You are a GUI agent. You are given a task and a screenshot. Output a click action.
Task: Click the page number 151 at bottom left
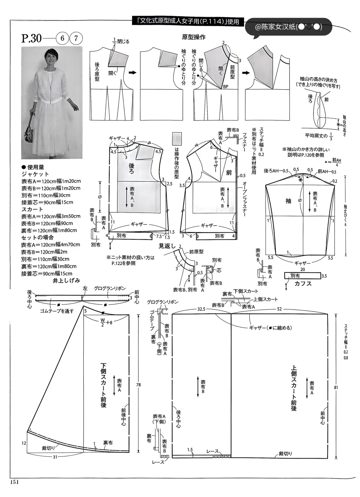[15, 481]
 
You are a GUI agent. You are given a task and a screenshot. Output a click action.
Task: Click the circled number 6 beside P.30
[62, 38]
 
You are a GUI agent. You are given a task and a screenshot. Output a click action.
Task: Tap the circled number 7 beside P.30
[76, 38]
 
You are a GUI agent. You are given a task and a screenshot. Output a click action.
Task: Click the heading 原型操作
[193, 37]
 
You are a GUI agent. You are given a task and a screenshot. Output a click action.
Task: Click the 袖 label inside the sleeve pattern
[288, 201]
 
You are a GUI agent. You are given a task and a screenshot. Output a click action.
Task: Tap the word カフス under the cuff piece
[303, 284]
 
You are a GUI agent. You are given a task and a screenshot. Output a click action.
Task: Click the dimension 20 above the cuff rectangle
[302, 269]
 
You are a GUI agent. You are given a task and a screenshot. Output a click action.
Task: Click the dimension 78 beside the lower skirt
[138, 385]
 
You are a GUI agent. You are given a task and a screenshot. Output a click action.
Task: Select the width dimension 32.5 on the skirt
[201, 309]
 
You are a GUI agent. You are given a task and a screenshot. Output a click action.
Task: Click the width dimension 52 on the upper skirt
[279, 309]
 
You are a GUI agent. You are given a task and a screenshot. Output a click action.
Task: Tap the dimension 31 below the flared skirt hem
[55, 457]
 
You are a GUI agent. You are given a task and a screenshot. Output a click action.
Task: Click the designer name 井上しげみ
[67, 281]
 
